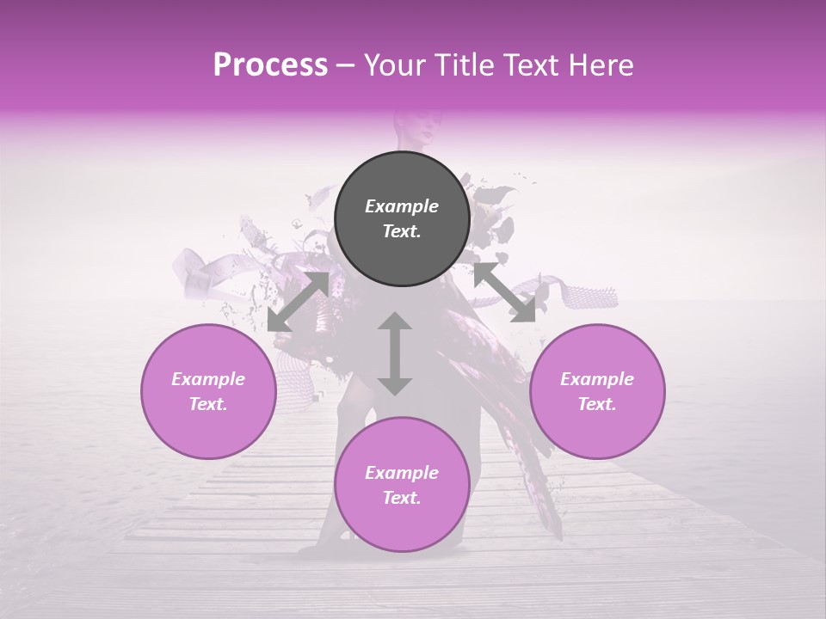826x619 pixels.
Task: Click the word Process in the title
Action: (270, 65)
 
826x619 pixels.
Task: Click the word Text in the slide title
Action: (535, 65)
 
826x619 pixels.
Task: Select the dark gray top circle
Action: (401, 218)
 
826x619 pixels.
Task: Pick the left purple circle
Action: (208, 391)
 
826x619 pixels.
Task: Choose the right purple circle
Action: (597, 391)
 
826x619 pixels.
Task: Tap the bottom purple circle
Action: (401, 485)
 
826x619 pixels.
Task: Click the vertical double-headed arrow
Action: (395, 353)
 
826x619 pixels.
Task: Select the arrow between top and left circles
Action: (298, 302)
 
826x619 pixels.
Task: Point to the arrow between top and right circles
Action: (504, 293)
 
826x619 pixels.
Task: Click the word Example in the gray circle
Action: (401, 206)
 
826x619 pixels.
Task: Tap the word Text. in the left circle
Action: (208, 404)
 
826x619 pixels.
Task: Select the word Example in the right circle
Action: (597, 379)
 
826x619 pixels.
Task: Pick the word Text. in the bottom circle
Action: (401, 498)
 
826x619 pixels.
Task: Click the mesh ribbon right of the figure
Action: (585, 292)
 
